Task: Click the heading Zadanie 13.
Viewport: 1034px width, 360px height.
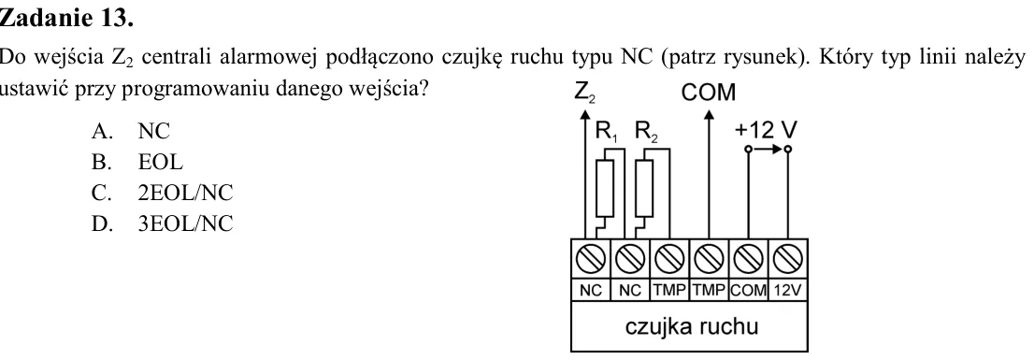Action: pos(66,18)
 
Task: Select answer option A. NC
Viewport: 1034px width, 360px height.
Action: pos(131,131)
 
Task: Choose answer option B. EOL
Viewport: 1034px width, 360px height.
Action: pos(137,162)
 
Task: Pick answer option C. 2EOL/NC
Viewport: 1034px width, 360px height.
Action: pos(163,193)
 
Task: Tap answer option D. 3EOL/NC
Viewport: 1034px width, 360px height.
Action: pos(163,223)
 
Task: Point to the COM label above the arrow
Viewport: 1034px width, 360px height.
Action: pos(709,93)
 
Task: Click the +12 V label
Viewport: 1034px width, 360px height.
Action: pos(766,131)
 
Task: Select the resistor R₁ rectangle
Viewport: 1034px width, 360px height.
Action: pos(605,188)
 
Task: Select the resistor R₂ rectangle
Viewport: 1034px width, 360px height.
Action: pos(644,188)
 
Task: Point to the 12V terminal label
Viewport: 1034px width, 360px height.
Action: pos(787,290)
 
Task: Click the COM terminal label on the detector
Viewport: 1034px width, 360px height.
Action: pos(749,290)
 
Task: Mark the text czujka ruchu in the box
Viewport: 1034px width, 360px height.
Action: pos(692,326)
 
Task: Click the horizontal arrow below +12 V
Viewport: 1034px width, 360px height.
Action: pos(768,150)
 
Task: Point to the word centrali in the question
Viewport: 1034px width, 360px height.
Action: pos(173,57)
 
